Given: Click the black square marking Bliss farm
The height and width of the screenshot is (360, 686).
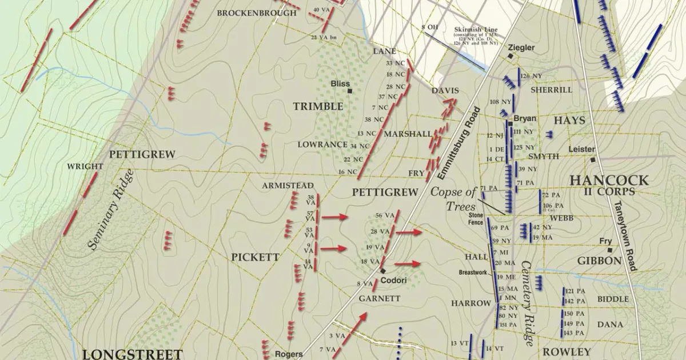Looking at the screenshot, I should point(349,90).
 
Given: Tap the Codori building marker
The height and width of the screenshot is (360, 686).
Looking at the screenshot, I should point(383,270).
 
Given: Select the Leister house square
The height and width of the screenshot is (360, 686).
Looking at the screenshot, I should point(593,160).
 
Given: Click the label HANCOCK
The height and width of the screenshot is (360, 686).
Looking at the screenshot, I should point(609,181).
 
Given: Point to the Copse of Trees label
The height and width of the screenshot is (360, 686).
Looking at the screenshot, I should point(453,199).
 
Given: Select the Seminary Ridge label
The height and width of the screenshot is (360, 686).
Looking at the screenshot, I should point(111,210).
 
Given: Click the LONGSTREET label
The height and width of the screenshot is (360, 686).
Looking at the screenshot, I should point(132,354).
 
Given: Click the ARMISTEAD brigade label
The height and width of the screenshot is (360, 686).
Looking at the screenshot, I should point(288,186).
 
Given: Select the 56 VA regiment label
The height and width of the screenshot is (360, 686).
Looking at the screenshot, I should point(385,215).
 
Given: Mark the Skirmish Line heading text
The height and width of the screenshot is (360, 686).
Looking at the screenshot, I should point(476,30).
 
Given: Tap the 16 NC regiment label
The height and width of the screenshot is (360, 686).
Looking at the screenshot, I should point(347,172).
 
